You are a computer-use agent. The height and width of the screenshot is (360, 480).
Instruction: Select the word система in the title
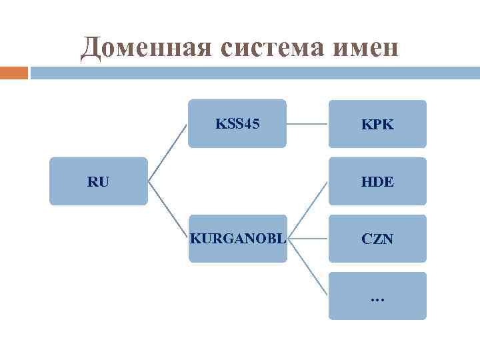click(x=256, y=48)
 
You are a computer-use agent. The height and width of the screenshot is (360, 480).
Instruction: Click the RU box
click(x=98, y=181)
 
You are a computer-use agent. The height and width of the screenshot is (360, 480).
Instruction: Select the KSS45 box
click(x=237, y=123)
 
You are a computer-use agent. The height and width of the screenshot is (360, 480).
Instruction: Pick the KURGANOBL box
click(x=237, y=238)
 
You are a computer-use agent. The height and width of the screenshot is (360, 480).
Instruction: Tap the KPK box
click(x=377, y=123)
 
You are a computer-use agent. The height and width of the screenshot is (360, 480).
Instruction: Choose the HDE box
click(x=377, y=181)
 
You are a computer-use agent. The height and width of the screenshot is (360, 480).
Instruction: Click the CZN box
click(x=377, y=238)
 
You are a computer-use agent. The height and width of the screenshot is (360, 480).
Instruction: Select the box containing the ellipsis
click(x=377, y=295)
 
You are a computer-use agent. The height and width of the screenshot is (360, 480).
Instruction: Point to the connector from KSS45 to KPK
click(x=307, y=123)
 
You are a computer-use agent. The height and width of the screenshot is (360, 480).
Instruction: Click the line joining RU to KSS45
click(x=167, y=152)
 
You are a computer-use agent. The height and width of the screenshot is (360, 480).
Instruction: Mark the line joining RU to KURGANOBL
click(x=167, y=209)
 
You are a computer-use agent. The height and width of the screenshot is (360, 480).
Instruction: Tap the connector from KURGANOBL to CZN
click(x=308, y=238)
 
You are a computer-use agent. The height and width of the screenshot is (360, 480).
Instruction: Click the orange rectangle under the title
click(x=14, y=72)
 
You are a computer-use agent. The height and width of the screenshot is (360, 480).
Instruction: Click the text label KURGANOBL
click(x=237, y=238)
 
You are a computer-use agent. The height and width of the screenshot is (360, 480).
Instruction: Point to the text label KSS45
click(x=237, y=123)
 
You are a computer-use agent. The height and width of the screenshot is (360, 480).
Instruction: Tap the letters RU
click(x=98, y=181)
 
